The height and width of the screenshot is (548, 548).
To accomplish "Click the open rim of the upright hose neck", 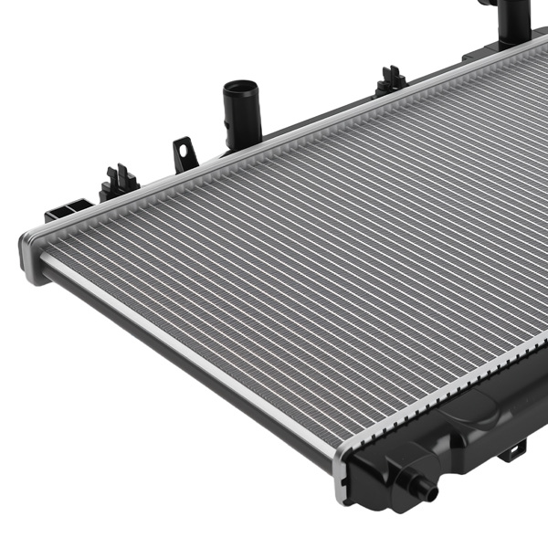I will point(241,89).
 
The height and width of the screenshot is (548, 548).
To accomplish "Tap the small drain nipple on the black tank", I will point(426,490).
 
